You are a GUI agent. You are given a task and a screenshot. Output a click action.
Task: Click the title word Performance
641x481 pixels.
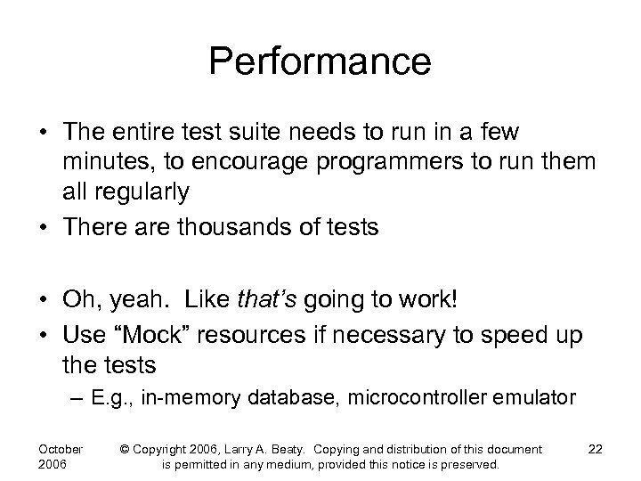point(320,62)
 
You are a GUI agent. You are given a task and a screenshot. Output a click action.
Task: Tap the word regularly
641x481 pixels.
point(146,190)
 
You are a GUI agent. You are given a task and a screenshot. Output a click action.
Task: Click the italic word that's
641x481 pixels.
point(270,298)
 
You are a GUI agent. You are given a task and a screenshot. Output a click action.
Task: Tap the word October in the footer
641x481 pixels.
point(61,449)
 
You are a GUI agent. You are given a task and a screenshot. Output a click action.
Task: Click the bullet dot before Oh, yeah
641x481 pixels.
point(44,298)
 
